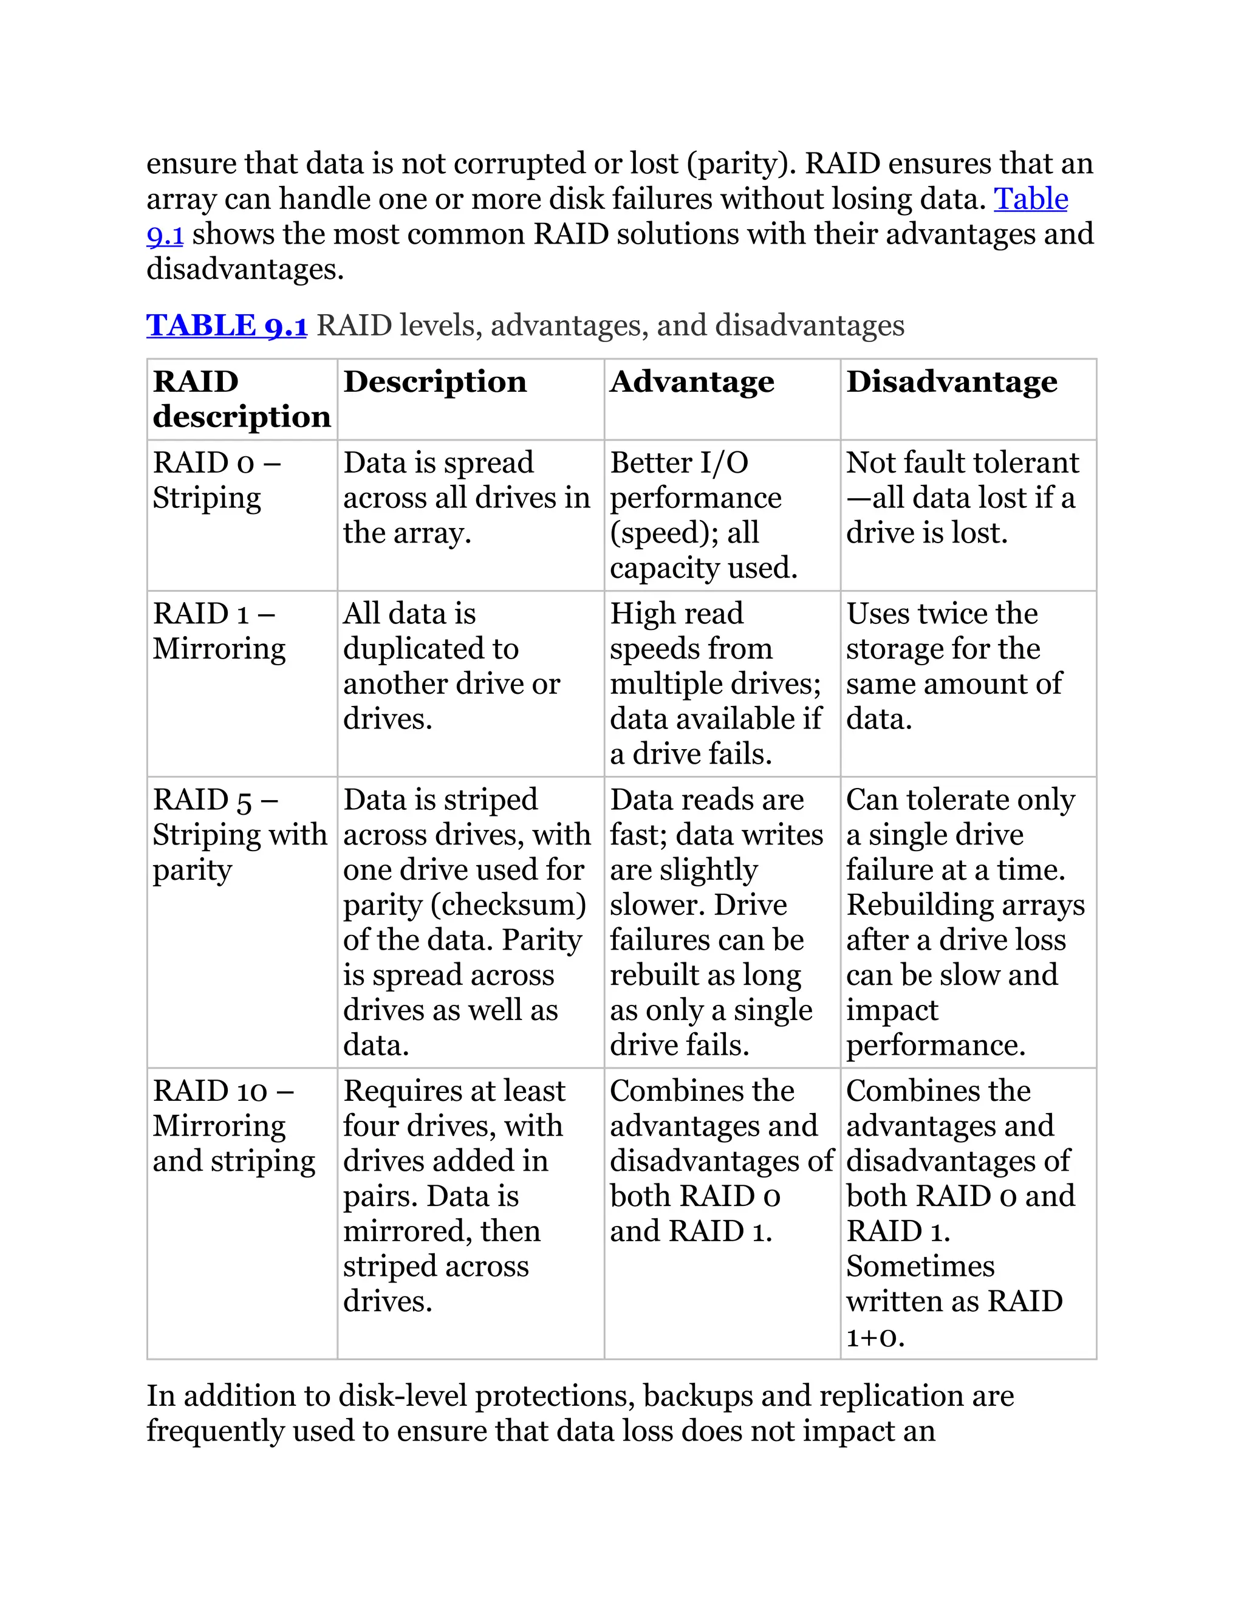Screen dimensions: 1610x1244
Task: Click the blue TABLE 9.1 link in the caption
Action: [x=226, y=325]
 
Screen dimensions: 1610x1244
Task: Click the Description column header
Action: [x=435, y=382]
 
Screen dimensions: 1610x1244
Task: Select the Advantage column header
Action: [x=691, y=382]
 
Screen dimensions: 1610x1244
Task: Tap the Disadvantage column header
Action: [x=951, y=382]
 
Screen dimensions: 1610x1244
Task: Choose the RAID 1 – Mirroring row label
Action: [x=219, y=631]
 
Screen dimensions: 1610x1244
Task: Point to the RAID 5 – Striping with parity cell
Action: [x=239, y=835]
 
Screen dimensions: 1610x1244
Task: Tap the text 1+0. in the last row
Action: [x=875, y=1337]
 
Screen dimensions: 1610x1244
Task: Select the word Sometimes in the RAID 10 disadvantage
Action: [x=920, y=1267]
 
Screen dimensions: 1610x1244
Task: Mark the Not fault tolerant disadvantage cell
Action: [x=961, y=498]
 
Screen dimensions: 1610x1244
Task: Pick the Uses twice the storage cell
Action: [x=954, y=666]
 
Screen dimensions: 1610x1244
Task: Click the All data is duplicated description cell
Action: [x=451, y=666]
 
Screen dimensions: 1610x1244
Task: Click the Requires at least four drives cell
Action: [x=454, y=1196]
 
